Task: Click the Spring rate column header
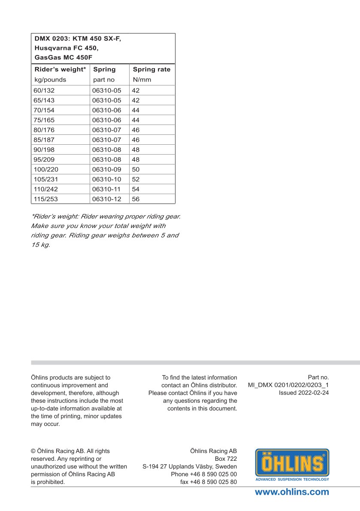tap(151, 69)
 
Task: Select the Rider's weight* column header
tap(60, 69)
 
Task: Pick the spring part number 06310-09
tap(107, 170)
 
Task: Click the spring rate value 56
tap(136, 199)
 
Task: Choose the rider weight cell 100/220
tap(45, 170)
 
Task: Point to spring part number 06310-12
tap(107, 199)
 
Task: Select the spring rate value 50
tap(136, 170)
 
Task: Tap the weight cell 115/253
tap(45, 199)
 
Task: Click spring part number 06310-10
tap(107, 179)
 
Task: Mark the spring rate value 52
tap(136, 179)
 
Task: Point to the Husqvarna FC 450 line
tap(66, 48)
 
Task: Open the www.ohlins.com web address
tap(292, 492)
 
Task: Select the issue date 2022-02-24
tap(313, 392)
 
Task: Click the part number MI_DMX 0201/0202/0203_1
tap(288, 385)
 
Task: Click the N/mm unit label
tap(142, 79)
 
